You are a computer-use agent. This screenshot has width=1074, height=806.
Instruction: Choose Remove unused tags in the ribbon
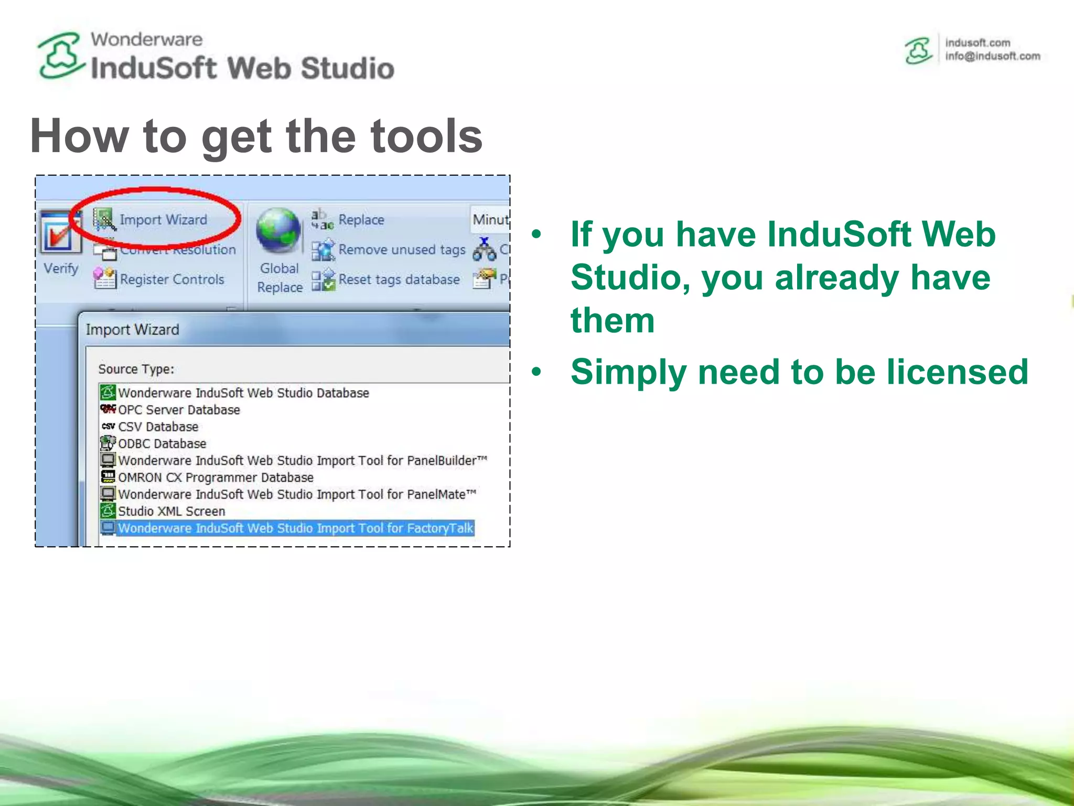tap(402, 250)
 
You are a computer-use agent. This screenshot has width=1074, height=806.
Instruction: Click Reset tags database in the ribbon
tap(399, 280)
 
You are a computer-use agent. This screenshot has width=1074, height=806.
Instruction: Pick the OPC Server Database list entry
tap(179, 410)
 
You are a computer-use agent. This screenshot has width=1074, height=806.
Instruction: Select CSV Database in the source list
tap(158, 427)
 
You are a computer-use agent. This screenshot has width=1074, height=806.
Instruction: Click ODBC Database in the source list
tap(162, 443)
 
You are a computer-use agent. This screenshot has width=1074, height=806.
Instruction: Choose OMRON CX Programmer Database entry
tap(216, 478)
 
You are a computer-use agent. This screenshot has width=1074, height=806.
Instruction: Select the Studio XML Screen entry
tap(171, 511)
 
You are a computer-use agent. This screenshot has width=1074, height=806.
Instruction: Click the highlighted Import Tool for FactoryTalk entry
tap(295, 528)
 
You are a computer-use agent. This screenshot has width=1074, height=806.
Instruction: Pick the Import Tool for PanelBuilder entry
tap(302, 461)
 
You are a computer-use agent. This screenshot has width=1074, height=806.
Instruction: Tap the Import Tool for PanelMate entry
tap(297, 494)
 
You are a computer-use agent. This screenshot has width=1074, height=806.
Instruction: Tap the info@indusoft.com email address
tap(992, 57)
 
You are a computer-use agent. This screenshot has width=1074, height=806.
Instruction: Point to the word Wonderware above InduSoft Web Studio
tap(146, 39)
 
